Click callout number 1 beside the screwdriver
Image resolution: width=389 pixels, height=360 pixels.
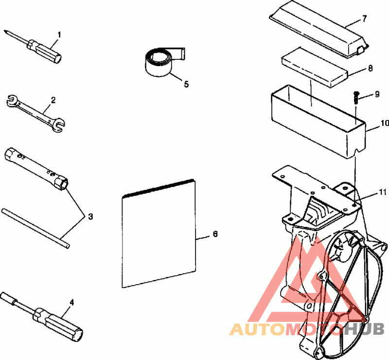tap(59, 34)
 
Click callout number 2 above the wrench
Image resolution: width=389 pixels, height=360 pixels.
tap(53, 100)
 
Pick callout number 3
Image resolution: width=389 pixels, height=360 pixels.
tap(89, 215)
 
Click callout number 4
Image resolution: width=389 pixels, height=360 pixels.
tap(71, 302)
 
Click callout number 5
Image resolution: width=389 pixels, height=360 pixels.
tap(186, 84)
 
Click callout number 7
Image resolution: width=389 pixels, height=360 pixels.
tap(364, 19)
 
